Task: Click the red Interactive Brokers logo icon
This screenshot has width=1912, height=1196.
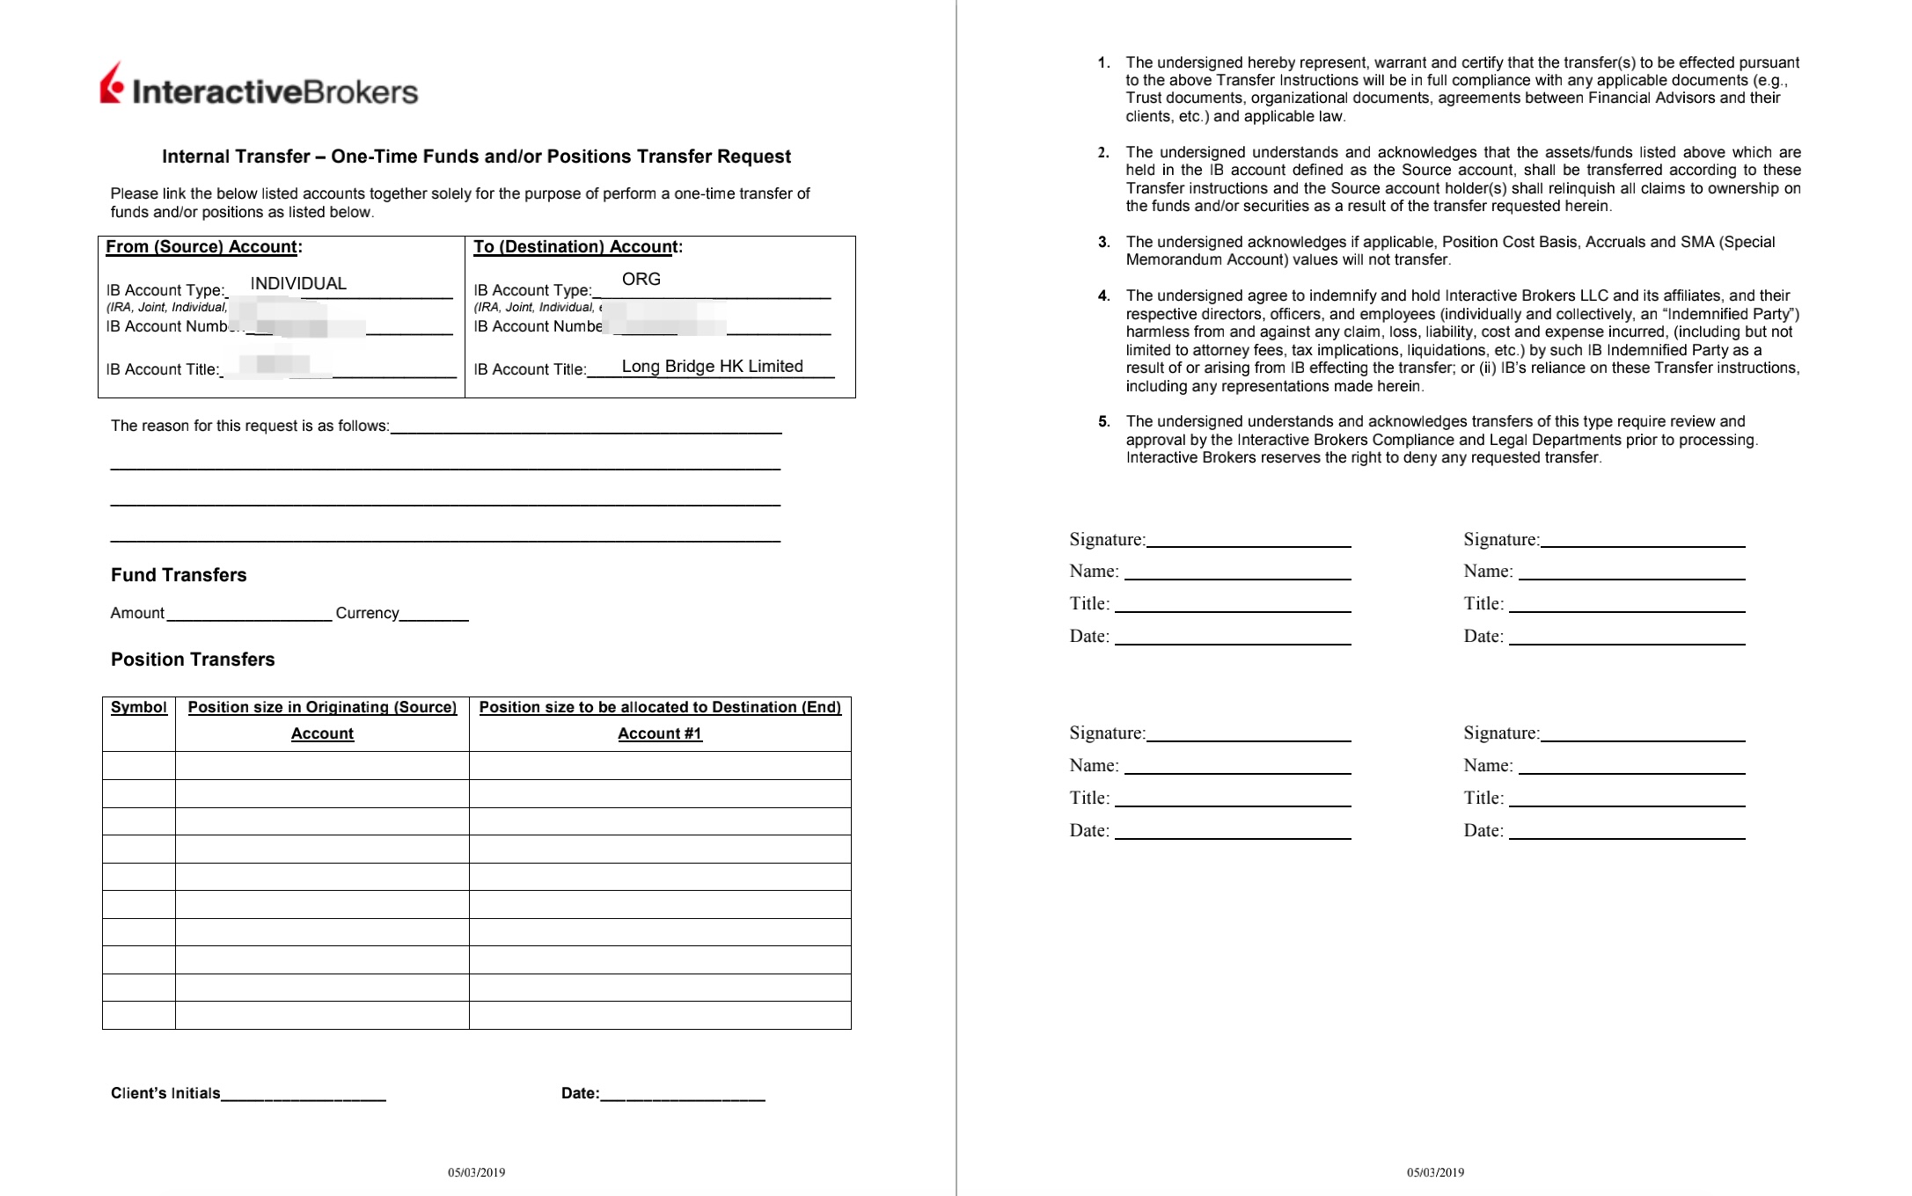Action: [x=112, y=84]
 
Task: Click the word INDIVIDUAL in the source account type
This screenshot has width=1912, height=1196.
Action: [x=298, y=284]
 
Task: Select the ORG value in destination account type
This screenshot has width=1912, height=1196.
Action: [x=641, y=280]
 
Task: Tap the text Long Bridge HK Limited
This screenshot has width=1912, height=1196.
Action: [x=712, y=367]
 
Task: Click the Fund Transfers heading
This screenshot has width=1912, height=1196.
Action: [x=179, y=575]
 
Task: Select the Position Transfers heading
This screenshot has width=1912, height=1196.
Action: [x=193, y=660]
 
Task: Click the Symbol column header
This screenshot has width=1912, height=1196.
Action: [x=139, y=708]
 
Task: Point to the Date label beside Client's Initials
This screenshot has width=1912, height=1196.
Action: [x=580, y=1094]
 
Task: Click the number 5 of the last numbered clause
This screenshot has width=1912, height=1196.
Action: [x=1103, y=422]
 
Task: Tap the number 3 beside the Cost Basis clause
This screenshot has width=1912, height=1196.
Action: [x=1103, y=243]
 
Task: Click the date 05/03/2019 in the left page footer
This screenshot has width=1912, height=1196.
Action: [x=476, y=1172]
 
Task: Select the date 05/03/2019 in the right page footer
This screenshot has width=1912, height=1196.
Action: [x=1435, y=1172]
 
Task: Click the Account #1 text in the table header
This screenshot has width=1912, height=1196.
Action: [x=660, y=734]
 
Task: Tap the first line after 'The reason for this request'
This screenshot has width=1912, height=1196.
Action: [x=585, y=429]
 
